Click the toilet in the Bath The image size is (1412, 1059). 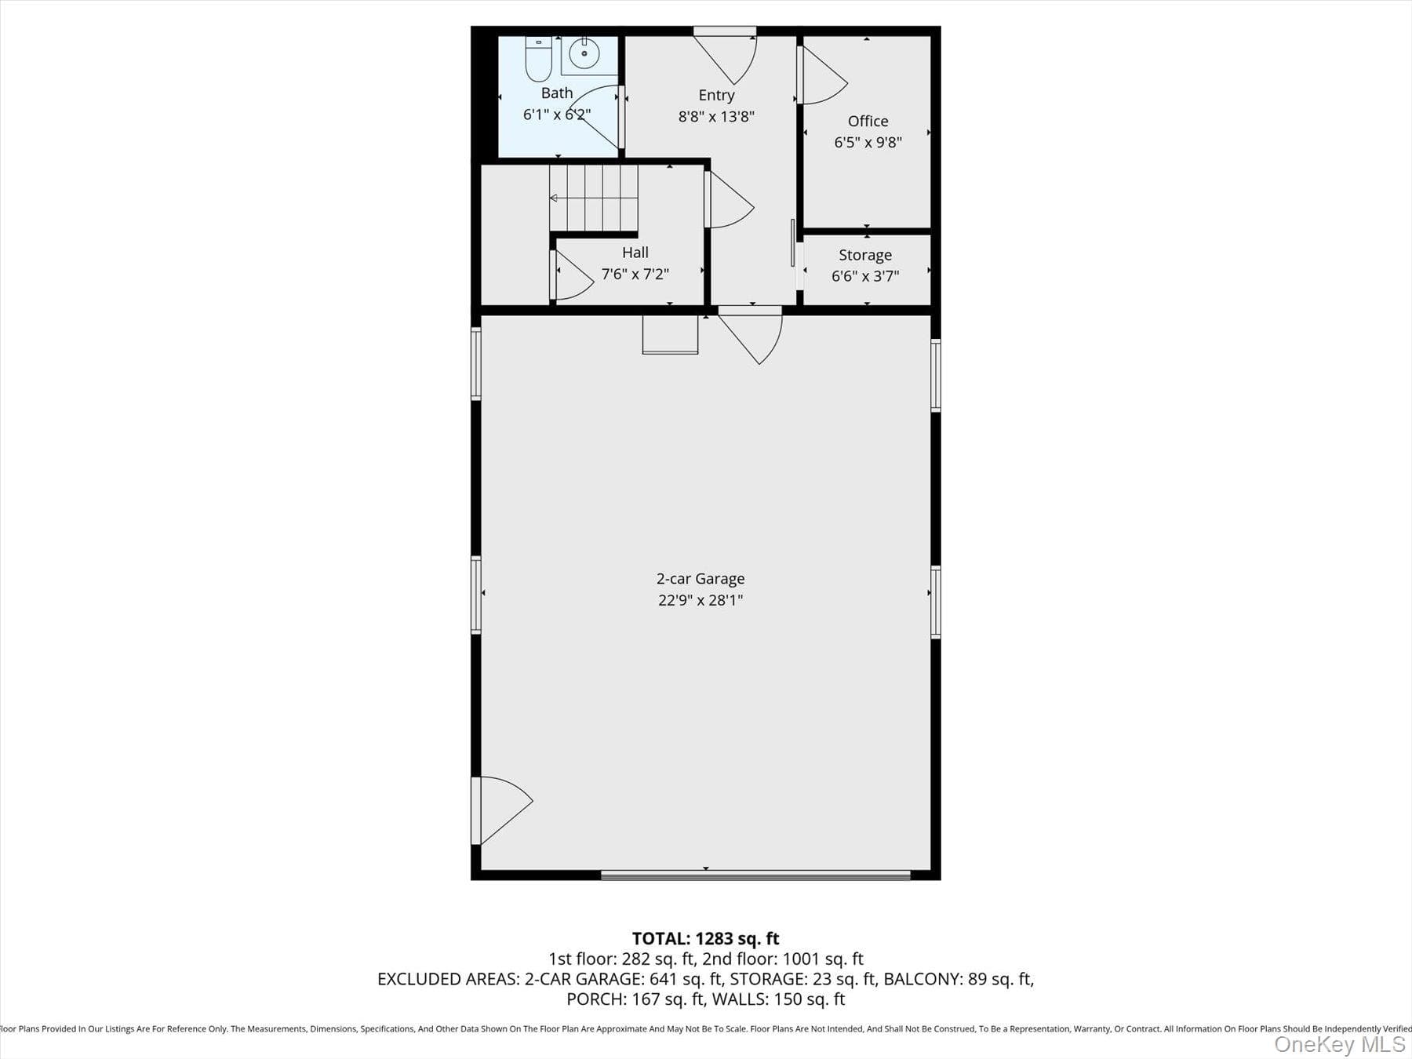pyautogui.click(x=538, y=59)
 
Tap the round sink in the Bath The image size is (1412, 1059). pyautogui.click(x=584, y=54)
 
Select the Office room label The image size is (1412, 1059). pyautogui.click(x=868, y=121)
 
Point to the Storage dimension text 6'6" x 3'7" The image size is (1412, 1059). pyautogui.click(x=865, y=276)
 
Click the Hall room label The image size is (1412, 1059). pyautogui.click(x=635, y=253)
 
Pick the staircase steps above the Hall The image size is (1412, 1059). pyautogui.click(x=594, y=198)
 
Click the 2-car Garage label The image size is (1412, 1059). pyautogui.click(x=701, y=579)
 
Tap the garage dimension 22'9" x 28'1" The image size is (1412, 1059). pyautogui.click(x=701, y=600)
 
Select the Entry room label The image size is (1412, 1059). pyautogui.click(x=716, y=95)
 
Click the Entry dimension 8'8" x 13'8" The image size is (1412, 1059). pyautogui.click(x=716, y=116)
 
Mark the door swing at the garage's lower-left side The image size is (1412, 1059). pyautogui.click(x=501, y=810)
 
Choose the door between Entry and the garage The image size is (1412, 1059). pyautogui.click(x=751, y=335)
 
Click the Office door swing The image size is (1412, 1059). pyautogui.click(x=822, y=75)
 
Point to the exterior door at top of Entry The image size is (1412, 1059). pyautogui.click(x=725, y=55)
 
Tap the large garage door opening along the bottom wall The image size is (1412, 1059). pyautogui.click(x=755, y=875)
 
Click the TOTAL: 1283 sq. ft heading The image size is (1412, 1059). pyautogui.click(x=706, y=938)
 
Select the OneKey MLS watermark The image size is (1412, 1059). pyautogui.click(x=1340, y=1044)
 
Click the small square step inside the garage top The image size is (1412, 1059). pyautogui.click(x=670, y=334)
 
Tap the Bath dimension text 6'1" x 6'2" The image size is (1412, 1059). pyautogui.click(x=557, y=115)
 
